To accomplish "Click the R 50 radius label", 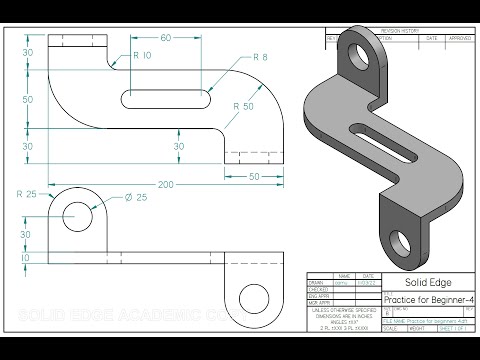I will tap(243, 104).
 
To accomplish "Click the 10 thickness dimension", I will tap(29, 258).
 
